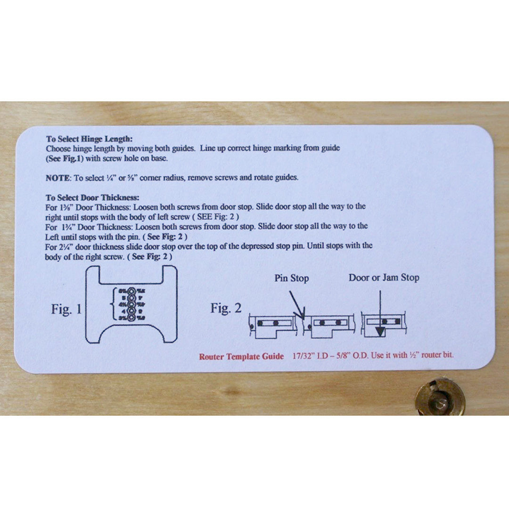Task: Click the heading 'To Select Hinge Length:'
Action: point(89,139)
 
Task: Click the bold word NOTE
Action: point(57,178)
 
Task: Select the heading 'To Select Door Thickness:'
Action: point(92,197)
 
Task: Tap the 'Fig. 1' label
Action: point(66,309)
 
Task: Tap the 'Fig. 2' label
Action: point(226,308)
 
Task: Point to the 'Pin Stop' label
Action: point(292,278)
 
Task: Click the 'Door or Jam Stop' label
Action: point(384,278)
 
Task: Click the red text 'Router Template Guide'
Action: point(241,356)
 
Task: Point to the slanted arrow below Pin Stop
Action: point(295,304)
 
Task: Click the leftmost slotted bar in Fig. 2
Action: point(276,323)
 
